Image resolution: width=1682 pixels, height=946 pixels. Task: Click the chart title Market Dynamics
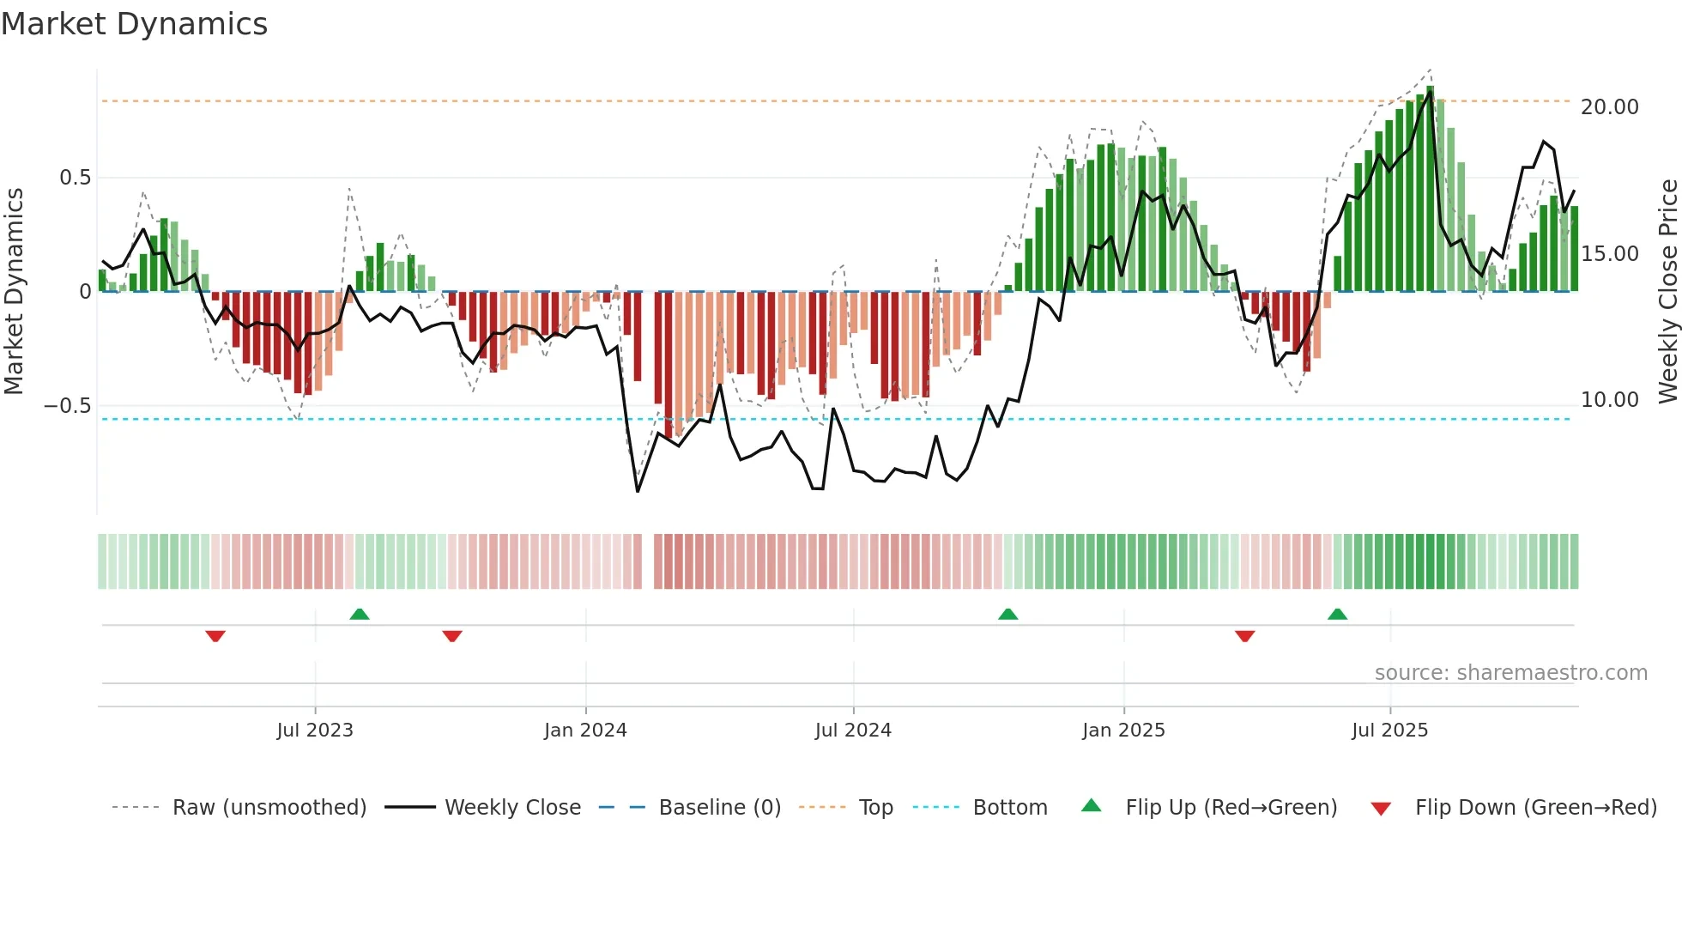[134, 24]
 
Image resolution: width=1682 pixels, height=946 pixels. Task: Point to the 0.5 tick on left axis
[75, 178]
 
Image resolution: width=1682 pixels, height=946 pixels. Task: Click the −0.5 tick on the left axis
[68, 405]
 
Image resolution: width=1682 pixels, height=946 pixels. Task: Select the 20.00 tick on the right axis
[1609, 107]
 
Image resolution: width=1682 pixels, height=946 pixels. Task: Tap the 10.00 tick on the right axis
[1609, 400]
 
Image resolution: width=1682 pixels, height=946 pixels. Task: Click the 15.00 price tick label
[1609, 254]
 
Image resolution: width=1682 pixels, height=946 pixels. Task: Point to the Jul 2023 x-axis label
[315, 731]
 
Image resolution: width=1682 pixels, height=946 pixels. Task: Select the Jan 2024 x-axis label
[585, 731]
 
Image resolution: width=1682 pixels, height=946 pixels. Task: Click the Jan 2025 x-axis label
[1123, 731]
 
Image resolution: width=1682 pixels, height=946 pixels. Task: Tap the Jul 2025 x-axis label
[1389, 731]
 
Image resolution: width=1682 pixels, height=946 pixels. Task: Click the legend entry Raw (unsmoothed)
[269, 808]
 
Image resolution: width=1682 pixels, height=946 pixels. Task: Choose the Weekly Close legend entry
[512, 808]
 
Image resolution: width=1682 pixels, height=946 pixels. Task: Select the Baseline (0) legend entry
[719, 808]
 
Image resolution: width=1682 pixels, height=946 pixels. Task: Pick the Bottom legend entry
[1009, 808]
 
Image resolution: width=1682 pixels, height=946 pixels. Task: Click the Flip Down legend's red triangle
[1381, 809]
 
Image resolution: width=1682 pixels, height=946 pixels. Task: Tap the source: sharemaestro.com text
[1510, 673]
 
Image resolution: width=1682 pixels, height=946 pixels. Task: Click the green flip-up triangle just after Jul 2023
[360, 615]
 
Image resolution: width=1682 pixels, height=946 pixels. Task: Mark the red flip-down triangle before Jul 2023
[215, 636]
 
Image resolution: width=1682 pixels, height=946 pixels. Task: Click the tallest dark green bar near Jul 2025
[1430, 189]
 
